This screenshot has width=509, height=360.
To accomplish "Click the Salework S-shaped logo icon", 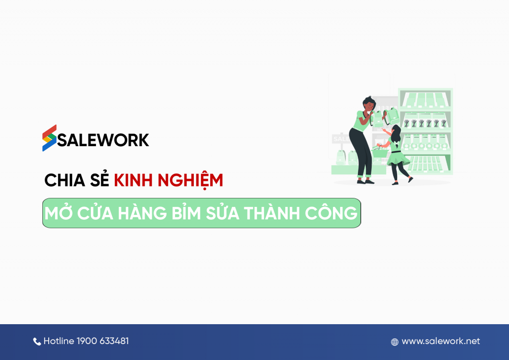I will (x=49, y=138).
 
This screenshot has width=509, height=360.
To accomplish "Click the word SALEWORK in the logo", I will (x=103, y=140).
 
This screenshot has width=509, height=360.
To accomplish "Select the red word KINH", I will (x=133, y=180).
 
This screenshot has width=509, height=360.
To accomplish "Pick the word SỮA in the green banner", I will (x=230, y=213).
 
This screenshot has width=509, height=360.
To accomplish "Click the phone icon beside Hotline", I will (x=37, y=342).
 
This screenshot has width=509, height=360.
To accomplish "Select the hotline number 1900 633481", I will (x=103, y=341).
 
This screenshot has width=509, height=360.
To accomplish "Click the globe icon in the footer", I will (x=395, y=342).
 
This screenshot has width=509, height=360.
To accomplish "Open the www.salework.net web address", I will (x=441, y=341).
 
